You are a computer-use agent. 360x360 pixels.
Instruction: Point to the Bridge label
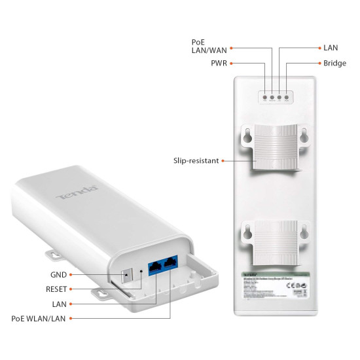(x=334, y=63)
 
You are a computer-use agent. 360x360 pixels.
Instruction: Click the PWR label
(x=219, y=63)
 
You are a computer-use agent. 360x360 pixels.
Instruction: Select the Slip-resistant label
(x=196, y=160)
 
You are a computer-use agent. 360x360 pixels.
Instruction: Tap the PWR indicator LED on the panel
(x=265, y=98)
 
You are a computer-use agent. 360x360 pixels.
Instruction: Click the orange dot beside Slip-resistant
(x=224, y=160)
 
